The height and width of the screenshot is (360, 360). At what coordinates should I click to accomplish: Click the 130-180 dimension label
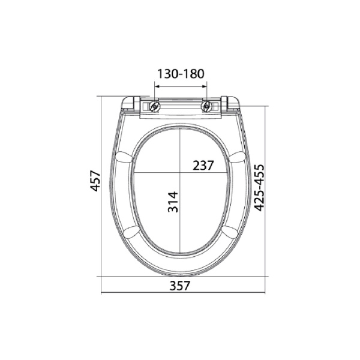point(181,74)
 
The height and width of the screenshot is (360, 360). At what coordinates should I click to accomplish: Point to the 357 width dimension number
point(180,286)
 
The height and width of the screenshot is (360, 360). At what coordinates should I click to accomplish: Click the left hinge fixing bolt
point(155,107)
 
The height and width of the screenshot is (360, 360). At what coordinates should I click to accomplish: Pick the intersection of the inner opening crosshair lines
point(179,173)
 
